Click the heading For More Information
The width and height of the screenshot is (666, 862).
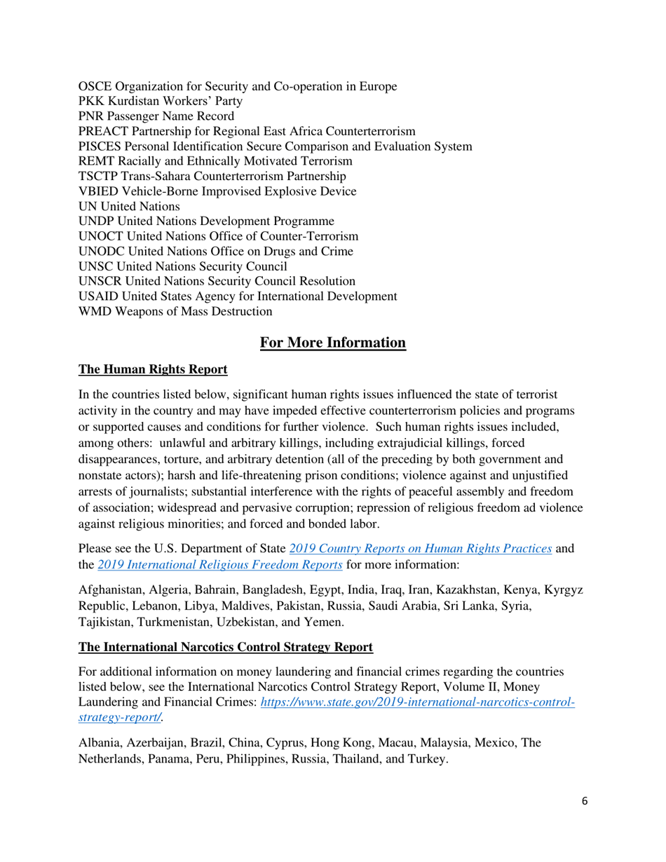333,343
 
